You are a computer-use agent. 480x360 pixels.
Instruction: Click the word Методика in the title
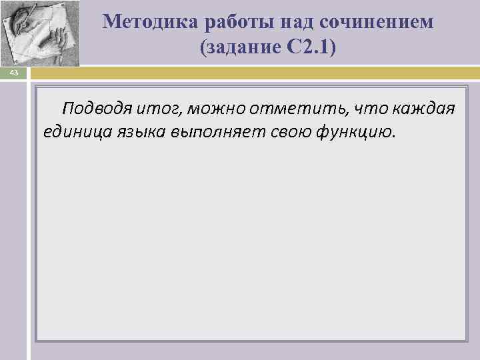tap(145, 22)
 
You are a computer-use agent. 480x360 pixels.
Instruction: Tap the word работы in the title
tap(225, 22)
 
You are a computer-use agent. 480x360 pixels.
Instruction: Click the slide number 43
tap(13, 74)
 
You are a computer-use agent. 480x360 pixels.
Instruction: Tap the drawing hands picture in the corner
tap(40, 32)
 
